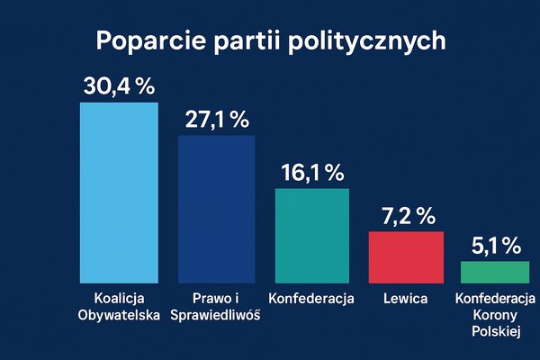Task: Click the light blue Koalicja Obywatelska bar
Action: pos(119,193)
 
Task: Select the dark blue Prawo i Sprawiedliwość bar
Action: pos(216,210)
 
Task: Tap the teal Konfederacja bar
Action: pos(311,236)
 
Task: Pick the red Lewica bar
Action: pos(407,257)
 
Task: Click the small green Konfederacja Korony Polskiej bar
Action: pos(495,273)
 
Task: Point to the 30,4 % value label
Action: pos(120,86)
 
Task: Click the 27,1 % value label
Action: pos(216,120)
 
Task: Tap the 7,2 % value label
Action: pos(407,216)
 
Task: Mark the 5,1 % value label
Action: pos(496,245)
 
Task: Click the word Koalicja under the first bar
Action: pos(119,299)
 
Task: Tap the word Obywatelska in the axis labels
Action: pos(119,315)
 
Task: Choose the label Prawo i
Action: pos(216,299)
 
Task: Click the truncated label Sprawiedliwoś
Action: pos(216,315)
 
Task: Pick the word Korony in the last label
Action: pos(496,315)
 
